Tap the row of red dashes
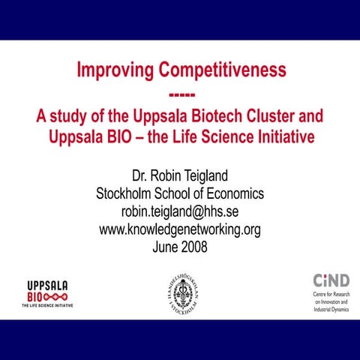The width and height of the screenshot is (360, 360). click(x=180, y=94)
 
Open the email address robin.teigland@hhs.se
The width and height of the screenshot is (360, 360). click(x=180, y=211)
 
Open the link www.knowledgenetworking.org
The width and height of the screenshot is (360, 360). click(x=180, y=229)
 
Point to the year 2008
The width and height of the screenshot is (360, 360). click(x=193, y=247)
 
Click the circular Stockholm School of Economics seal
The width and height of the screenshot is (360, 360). click(x=180, y=293)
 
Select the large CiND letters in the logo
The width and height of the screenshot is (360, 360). click(x=330, y=280)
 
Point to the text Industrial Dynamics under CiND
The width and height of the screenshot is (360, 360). click(x=331, y=309)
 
